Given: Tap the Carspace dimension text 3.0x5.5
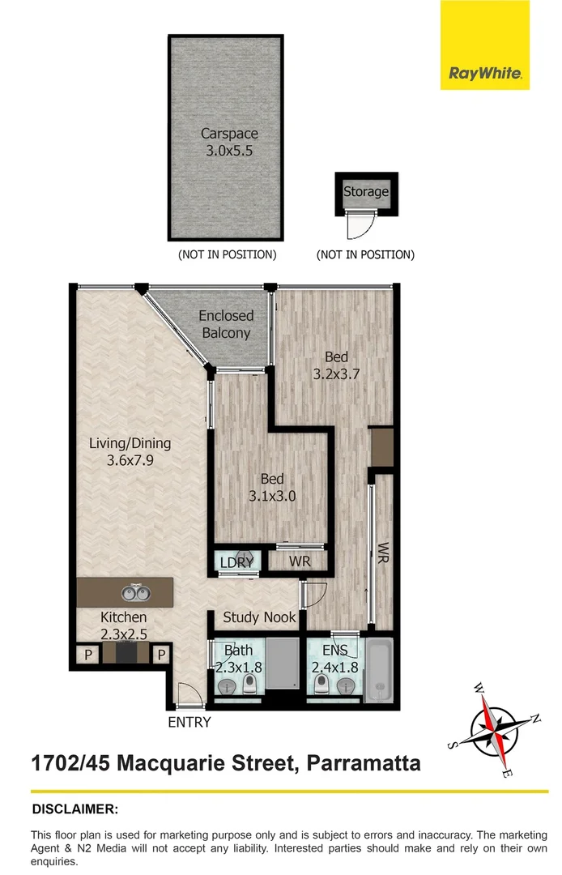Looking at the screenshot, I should pos(224,150).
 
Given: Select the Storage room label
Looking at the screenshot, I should pos(366,192).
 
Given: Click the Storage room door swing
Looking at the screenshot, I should pos(357,225).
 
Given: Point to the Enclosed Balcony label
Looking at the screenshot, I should pos(226,324).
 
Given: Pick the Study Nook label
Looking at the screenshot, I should pos(259,617).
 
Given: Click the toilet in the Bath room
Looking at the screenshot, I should pos(250,685).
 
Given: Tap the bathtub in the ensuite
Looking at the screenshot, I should pos(378,672).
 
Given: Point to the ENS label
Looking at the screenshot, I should pos(334,651).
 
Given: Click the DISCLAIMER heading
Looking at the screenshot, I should pos(75,809).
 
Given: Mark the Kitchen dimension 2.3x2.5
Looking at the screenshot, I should pos(123,634).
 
